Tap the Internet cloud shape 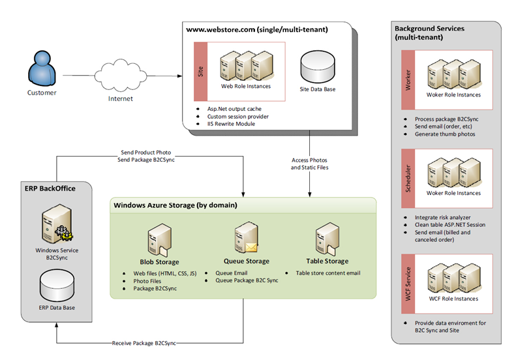(120, 77)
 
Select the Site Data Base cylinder (317, 64)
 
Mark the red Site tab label (201, 71)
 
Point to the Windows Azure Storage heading (175, 205)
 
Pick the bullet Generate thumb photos (446, 134)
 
